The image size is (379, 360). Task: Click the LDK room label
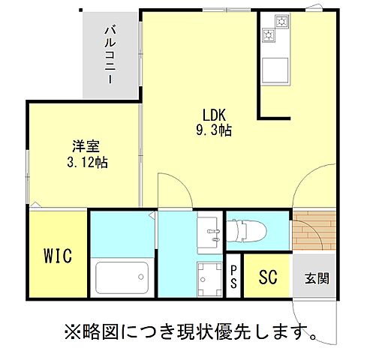[214, 115]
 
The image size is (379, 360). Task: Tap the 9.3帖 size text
[214, 130]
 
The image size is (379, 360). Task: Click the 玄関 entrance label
[316, 278]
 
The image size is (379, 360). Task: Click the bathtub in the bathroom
[120, 280]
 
